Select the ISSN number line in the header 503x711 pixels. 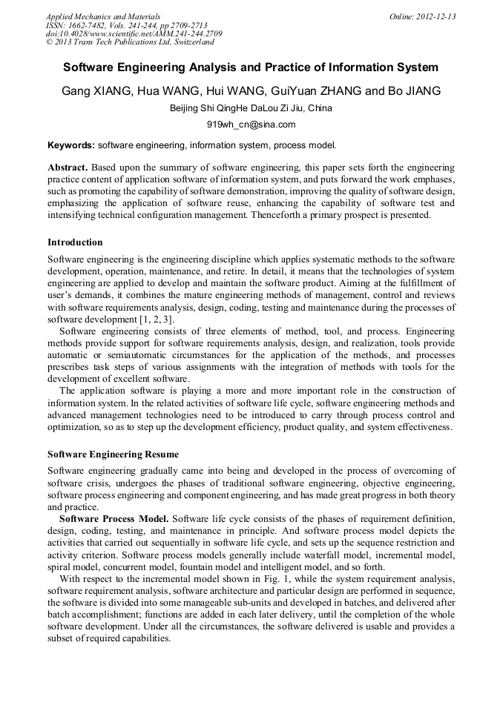[126, 25]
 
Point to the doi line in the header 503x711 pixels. [134, 33]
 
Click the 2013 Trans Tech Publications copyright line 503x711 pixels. [130, 42]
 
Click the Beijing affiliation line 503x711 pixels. [251, 108]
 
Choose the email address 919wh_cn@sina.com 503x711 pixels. [251, 125]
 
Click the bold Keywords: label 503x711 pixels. [71, 145]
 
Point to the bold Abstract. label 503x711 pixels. [68, 168]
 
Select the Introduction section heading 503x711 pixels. [75, 242]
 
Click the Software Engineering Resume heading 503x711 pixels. [113, 454]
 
